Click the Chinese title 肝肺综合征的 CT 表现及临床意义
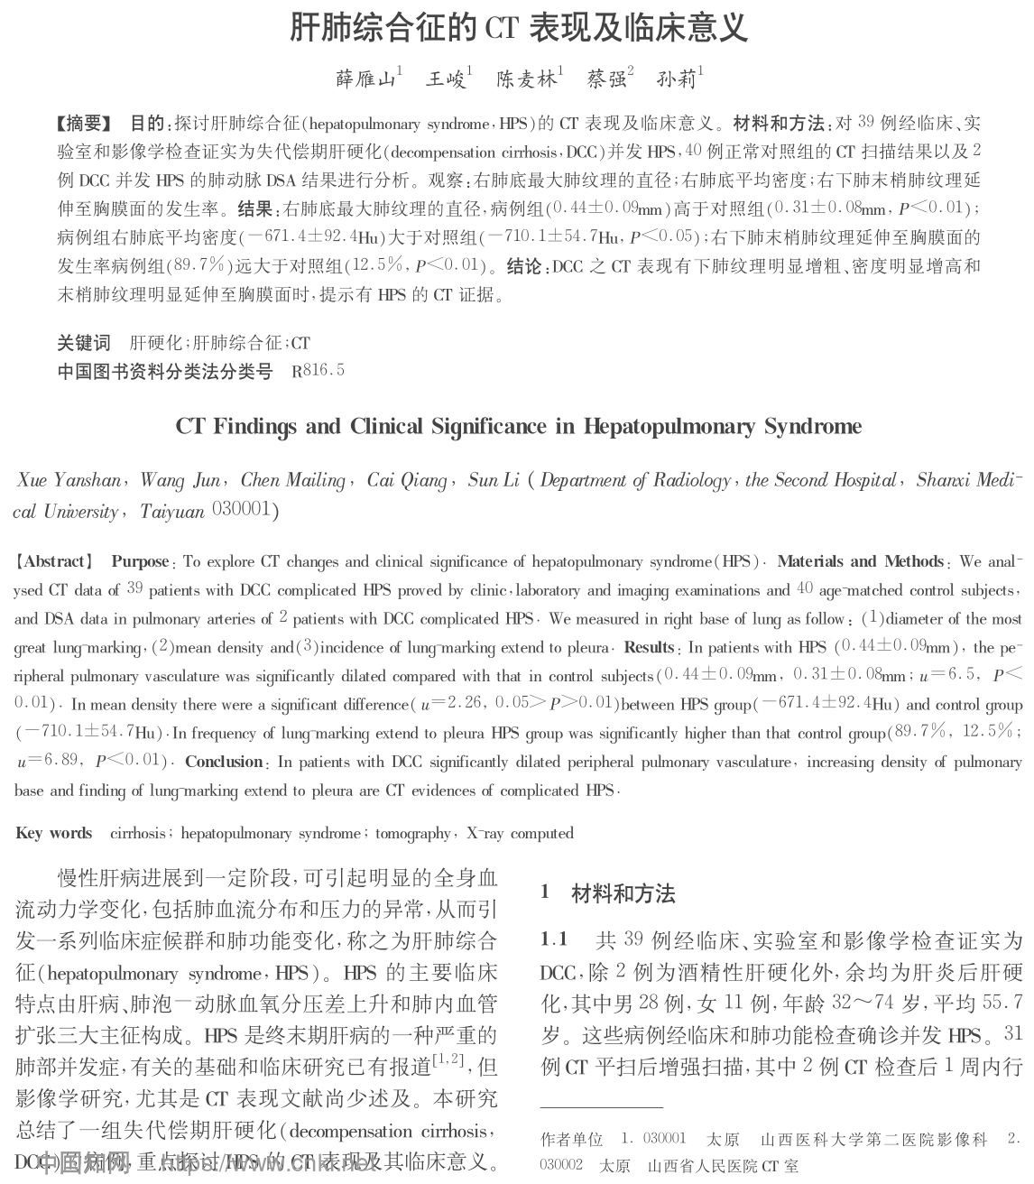click(x=518, y=28)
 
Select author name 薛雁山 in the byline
click(x=365, y=79)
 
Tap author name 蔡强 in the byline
click(x=606, y=79)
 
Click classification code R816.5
click(x=318, y=371)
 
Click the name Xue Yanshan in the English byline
click(x=69, y=480)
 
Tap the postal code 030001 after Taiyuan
click(x=241, y=511)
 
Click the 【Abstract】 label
click(x=54, y=561)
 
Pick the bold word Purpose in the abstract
click(x=140, y=561)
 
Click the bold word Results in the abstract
click(x=649, y=647)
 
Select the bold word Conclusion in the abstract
click(x=224, y=762)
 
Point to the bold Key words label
click(x=53, y=833)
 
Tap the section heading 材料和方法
click(x=623, y=894)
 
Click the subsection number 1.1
click(x=554, y=940)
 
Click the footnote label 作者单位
click(x=571, y=1140)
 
